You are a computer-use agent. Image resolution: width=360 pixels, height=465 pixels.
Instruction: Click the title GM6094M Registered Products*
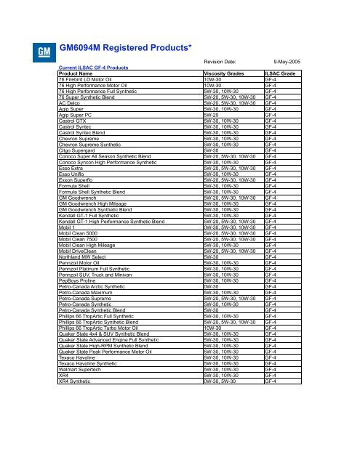click(x=125, y=49)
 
